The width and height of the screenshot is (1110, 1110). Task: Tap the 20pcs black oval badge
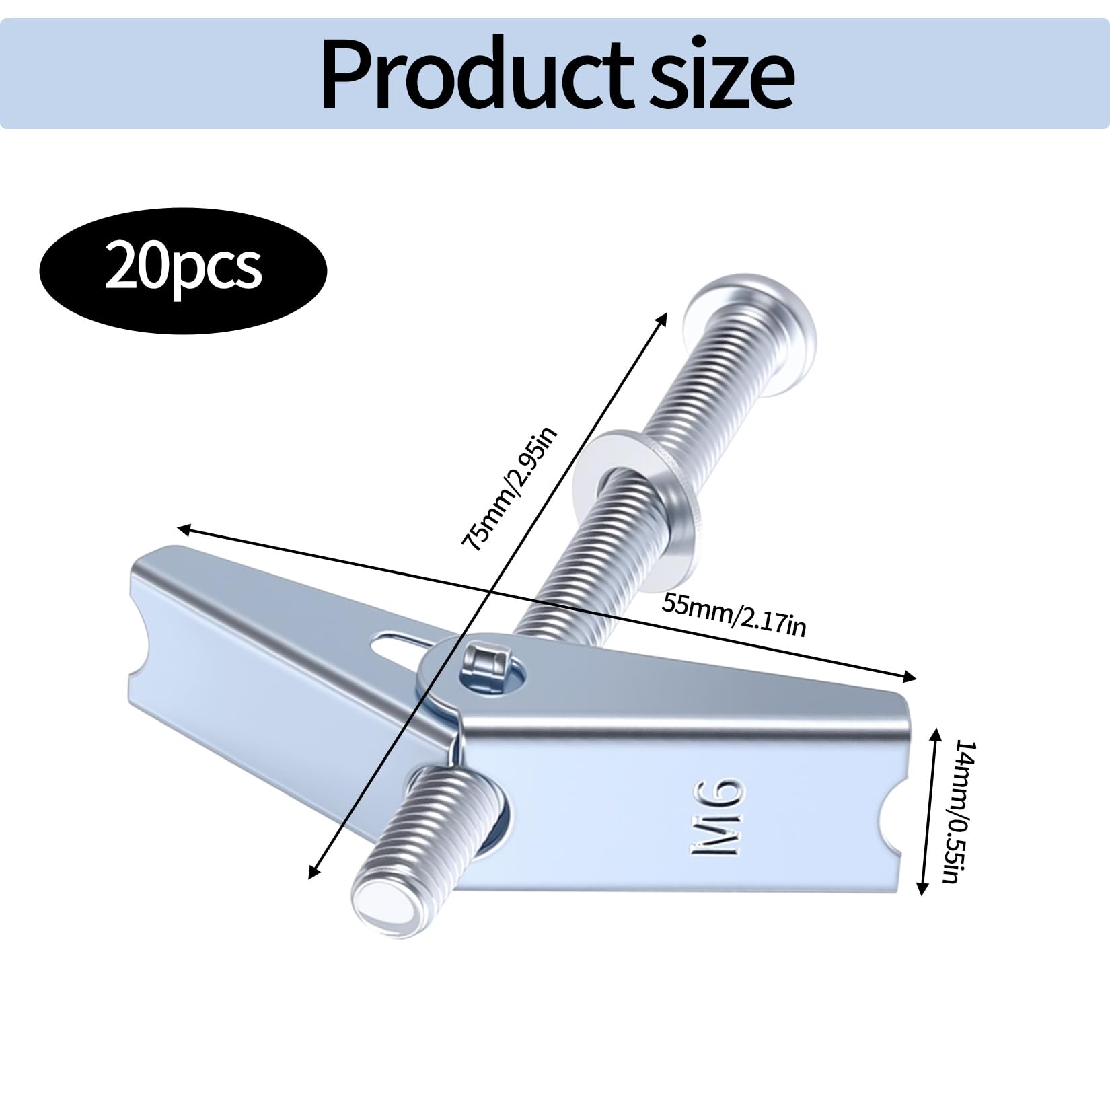tap(183, 268)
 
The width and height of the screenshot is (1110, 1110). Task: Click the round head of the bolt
tap(752, 319)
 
